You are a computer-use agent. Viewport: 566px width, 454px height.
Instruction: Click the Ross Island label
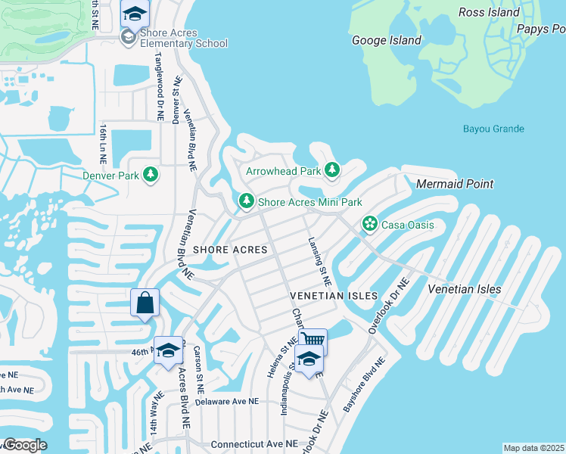489,12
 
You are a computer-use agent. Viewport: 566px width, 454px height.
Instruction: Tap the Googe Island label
385,40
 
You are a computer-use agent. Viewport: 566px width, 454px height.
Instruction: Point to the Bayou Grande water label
493,129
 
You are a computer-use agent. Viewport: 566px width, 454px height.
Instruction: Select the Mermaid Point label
454,184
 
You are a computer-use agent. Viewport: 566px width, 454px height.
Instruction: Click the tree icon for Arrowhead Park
331,170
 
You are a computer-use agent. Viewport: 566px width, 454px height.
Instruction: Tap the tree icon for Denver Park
151,175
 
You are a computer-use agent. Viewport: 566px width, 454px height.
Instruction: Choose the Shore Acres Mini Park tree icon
246,201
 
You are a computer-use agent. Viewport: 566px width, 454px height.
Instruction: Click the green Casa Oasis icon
369,223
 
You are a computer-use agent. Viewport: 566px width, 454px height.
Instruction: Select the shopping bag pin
145,303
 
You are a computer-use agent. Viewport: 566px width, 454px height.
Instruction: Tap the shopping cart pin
313,340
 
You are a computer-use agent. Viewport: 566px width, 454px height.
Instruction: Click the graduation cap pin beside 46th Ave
169,350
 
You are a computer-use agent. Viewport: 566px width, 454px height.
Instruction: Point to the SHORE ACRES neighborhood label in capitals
230,250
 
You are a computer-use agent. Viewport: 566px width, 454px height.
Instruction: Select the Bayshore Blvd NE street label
364,384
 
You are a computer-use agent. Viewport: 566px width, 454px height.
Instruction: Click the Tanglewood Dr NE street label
160,87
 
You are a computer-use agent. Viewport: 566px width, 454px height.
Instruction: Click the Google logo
24,445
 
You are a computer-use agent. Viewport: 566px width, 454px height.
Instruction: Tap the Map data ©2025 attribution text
533,448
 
